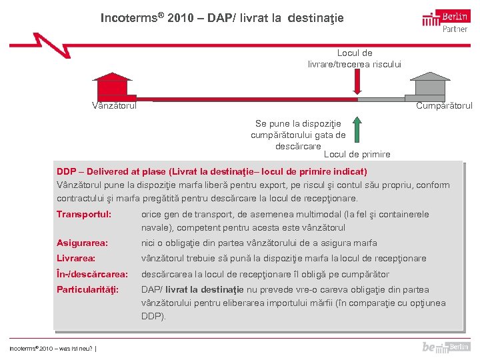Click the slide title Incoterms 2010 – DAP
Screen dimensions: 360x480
(222, 18)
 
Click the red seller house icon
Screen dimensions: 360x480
(112, 87)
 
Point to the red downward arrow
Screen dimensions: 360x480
(357, 83)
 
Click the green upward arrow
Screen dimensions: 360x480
(357, 129)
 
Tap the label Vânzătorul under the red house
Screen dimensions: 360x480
(114, 105)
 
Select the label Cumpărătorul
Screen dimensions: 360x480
(444, 105)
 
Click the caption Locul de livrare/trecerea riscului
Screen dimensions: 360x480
(355, 58)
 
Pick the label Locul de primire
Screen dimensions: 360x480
(357, 154)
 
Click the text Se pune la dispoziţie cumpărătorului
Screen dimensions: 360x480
(298, 129)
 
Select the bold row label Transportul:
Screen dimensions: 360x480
(84, 215)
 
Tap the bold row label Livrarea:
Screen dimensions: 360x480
(76, 259)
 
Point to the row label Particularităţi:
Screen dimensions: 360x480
(87, 290)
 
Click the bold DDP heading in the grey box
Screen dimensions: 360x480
(211, 171)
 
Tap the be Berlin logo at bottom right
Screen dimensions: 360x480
(446, 347)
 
